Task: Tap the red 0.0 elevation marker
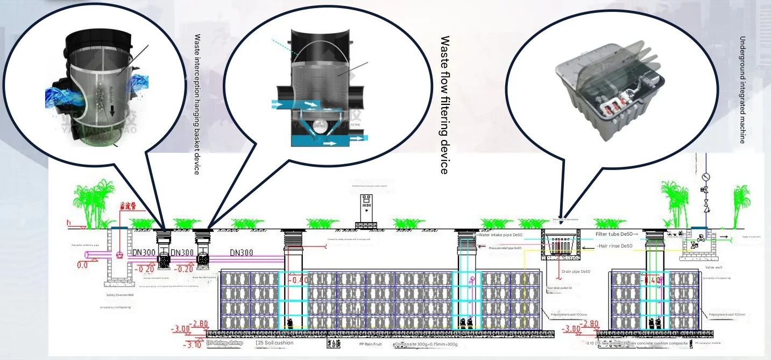pyautogui.click(x=82, y=265)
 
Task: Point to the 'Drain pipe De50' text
pyautogui.click(x=577, y=271)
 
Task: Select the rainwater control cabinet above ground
pyautogui.click(x=367, y=207)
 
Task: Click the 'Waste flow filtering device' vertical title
pyautogui.click(x=444, y=105)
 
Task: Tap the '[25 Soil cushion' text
pyautogui.click(x=275, y=343)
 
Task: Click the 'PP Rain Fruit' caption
pyautogui.click(x=370, y=344)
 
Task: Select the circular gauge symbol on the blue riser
pyautogui.click(x=706, y=176)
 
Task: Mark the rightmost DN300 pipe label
pyautogui.click(x=246, y=252)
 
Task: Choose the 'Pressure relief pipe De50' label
pyautogui.click(x=505, y=248)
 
